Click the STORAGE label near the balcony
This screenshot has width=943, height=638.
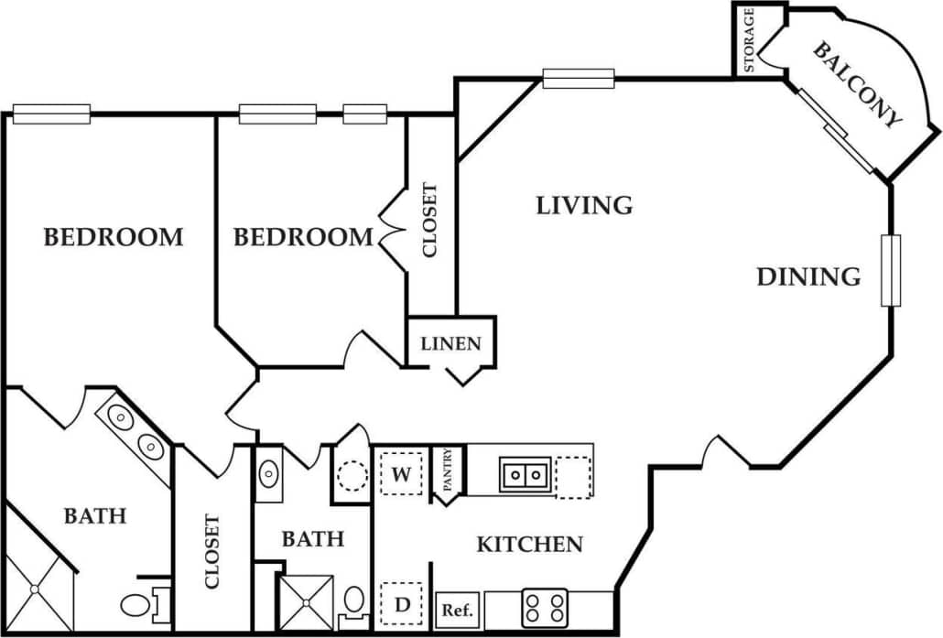(x=749, y=40)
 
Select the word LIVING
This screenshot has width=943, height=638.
(x=584, y=204)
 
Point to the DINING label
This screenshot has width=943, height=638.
(x=808, y=276)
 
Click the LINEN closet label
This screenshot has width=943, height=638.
(x=450, y=344)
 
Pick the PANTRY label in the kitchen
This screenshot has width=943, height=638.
(x=449, y=473)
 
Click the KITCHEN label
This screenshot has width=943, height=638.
(x=529, y=545)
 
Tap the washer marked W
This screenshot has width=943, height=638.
(x=401, y=474)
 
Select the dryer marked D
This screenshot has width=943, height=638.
(x=401, y=604)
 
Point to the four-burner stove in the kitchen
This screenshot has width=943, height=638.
(x=545, y=608)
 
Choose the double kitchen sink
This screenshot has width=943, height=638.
(x=525, y=475)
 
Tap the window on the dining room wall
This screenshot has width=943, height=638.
(x=891, y=270)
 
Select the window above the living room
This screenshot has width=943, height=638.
(x=578, y=80)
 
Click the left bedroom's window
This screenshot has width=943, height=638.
(x=51, y=114)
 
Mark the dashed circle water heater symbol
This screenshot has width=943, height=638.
(x=352, y=476)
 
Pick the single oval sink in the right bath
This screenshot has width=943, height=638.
(x=269, y=474)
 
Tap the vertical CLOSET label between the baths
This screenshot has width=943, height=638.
(x=212, y=551)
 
